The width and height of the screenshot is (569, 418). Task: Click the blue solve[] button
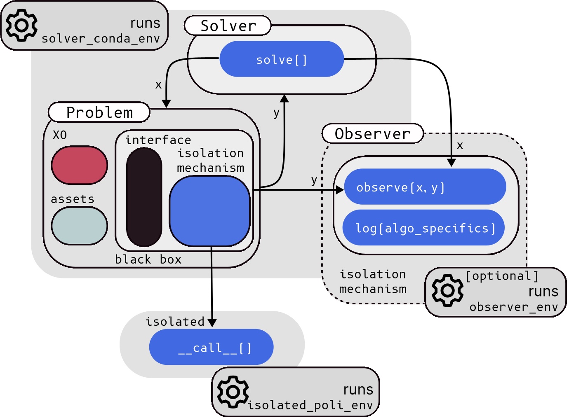(282, 59)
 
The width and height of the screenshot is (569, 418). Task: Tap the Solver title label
(228, 26)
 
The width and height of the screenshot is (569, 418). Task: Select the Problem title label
(99, 112)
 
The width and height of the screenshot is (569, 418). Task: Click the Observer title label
(372, 134)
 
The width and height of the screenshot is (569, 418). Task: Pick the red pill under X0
(80, 165)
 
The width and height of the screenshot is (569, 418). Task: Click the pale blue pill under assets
(80, 226)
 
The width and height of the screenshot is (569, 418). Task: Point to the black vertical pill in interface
(144, 197)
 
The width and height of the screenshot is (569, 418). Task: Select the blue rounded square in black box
(210, 211)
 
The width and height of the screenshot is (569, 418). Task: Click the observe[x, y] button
(425, 187)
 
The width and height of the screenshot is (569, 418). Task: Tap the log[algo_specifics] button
(424, 228)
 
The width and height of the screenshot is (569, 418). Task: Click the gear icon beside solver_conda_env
(21, 26)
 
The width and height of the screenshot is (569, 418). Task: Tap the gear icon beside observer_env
(447, 290)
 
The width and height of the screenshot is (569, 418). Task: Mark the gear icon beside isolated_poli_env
(233, 392)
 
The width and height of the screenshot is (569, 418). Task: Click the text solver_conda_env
(100, 39)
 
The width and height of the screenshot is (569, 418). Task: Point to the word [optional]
(502, 276)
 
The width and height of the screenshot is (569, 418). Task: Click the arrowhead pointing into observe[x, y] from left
(340, 190)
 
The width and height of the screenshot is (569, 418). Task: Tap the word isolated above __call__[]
(175, 321)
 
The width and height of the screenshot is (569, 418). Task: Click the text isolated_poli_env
(310, 405)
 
